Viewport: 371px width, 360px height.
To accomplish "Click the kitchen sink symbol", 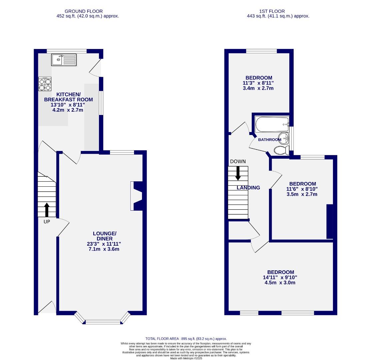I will point(64,60).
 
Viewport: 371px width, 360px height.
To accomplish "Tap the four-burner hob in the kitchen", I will point(45,84).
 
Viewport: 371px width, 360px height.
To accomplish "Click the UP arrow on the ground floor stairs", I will point(46,210).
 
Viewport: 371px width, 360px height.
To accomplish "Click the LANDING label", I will point(248,188).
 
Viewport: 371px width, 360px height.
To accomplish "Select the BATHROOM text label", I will point(269,140).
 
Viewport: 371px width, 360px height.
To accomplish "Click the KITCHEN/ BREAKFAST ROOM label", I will point(68,97).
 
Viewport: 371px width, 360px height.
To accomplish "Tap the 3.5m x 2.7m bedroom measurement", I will point(302,194).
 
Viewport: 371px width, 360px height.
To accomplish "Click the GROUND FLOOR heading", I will point(84,11).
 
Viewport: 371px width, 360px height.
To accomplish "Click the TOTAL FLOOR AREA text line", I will point(186,339).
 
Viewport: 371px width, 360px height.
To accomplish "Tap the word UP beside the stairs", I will point(47,221).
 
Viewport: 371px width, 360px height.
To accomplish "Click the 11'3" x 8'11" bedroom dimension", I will point(258,83).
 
